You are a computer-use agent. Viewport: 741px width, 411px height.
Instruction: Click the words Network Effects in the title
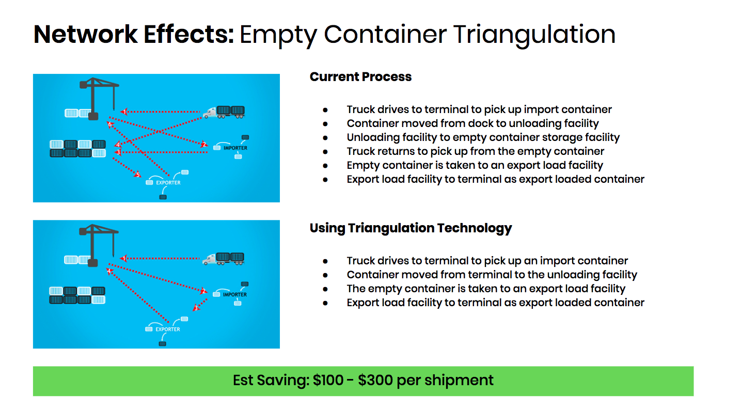pos(134,34)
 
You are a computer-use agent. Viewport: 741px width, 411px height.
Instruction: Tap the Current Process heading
pos(360,77)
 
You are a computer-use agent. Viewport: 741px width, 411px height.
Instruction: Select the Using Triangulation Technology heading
pos(411,228)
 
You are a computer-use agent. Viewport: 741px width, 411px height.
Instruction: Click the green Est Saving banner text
pos(363,380)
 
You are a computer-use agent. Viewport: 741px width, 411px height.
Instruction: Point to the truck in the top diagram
pos(224,112)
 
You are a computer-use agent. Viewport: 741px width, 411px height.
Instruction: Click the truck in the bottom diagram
pos(224,259)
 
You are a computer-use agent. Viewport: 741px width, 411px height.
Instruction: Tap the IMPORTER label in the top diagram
pos(235,148)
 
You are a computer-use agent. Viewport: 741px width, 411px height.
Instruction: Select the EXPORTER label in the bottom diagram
pos(168,329)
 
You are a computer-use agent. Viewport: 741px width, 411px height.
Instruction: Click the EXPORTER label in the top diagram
pos(168,182)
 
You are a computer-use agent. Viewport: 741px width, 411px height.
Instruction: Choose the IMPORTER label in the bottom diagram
pos(235,295)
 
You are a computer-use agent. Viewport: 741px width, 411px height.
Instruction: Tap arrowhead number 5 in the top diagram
pos(137,174)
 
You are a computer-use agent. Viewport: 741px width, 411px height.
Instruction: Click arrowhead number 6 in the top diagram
pos(110,124)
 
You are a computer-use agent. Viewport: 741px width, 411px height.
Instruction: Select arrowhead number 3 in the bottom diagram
pos(196,308)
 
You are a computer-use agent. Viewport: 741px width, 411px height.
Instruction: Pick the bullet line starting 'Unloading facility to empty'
pos(483,137)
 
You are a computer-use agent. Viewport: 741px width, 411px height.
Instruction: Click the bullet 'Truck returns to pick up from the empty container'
pos(476,151)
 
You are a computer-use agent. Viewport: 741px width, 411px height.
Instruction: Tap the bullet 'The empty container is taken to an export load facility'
pos(486,289)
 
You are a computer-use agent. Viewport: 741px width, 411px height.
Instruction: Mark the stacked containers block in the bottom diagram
pos(77,295)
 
